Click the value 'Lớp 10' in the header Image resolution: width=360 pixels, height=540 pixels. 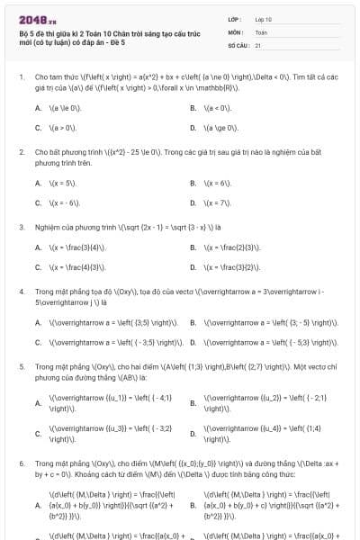click(263, 19)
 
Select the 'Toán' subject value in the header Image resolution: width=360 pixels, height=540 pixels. click(261, 31)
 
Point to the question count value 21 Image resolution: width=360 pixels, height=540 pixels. click(257, 44)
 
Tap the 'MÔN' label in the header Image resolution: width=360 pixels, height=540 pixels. click(237, 31)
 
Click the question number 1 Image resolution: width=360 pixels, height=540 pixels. click(21, 76)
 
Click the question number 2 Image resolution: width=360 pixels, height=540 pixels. click(21, 152)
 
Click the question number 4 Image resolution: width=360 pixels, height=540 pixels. click(21, 292)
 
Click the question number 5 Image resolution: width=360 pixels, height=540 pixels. click(21, 367)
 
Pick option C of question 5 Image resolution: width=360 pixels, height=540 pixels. click(38, 434)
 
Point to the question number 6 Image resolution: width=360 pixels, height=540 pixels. click(21, 460)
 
